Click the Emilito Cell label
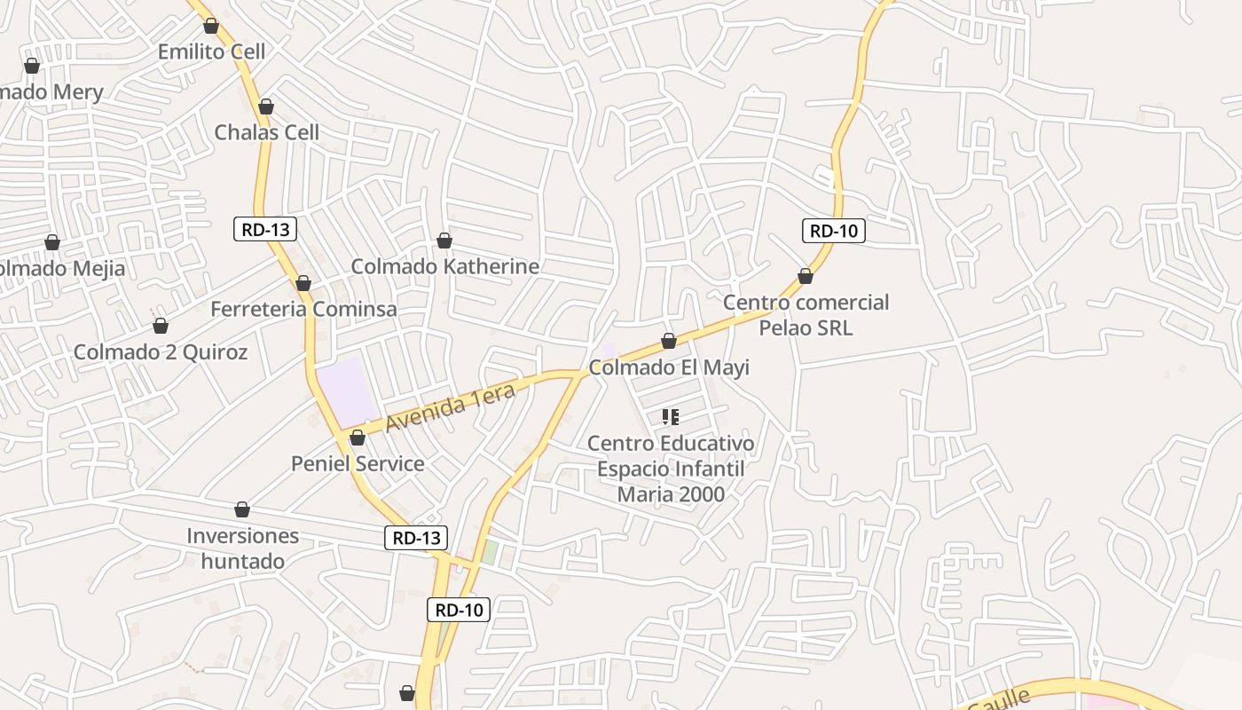click(211, 51)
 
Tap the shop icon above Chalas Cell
click(265, 107)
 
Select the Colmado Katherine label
click(444, 266)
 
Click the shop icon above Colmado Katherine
click(444, 241)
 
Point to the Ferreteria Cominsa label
click(303, 309)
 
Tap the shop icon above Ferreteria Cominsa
click(303, 284)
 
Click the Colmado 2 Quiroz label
click(161, 351)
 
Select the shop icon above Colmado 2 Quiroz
click(161, 327)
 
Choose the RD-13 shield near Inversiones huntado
click(416, 537)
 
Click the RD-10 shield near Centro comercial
click(834, 231)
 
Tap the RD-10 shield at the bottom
click(459, 610)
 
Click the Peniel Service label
click(358, 463)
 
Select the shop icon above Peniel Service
click(358, 438)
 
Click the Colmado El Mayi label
click(669, 367)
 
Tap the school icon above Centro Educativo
click(670, 417)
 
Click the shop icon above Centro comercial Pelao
click(806, 277)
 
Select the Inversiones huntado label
click(242, 548)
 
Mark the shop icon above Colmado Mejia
click(52, 243)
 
